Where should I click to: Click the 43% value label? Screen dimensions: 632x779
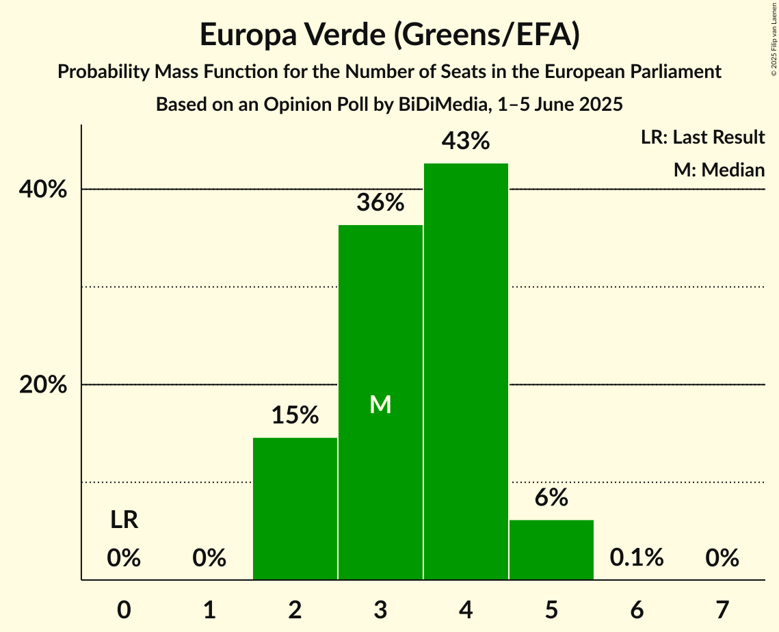tap(466, 142)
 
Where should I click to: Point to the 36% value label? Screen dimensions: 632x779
tap(380, 203)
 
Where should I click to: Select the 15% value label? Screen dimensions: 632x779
tap(295, 415)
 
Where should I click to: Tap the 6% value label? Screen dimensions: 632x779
tap(551, 498)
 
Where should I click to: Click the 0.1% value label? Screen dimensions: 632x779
tap(637, 558)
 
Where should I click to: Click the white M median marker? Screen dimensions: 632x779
tap(380, 405)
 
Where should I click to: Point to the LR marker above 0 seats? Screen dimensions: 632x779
tap(124, 521)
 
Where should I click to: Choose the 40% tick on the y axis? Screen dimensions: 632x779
tap(43, 189)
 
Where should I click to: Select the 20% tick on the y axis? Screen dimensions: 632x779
tap(43, 385)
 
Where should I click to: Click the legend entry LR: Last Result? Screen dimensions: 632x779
tap(702, 137)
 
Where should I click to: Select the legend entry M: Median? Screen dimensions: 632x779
tap(719, 170)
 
